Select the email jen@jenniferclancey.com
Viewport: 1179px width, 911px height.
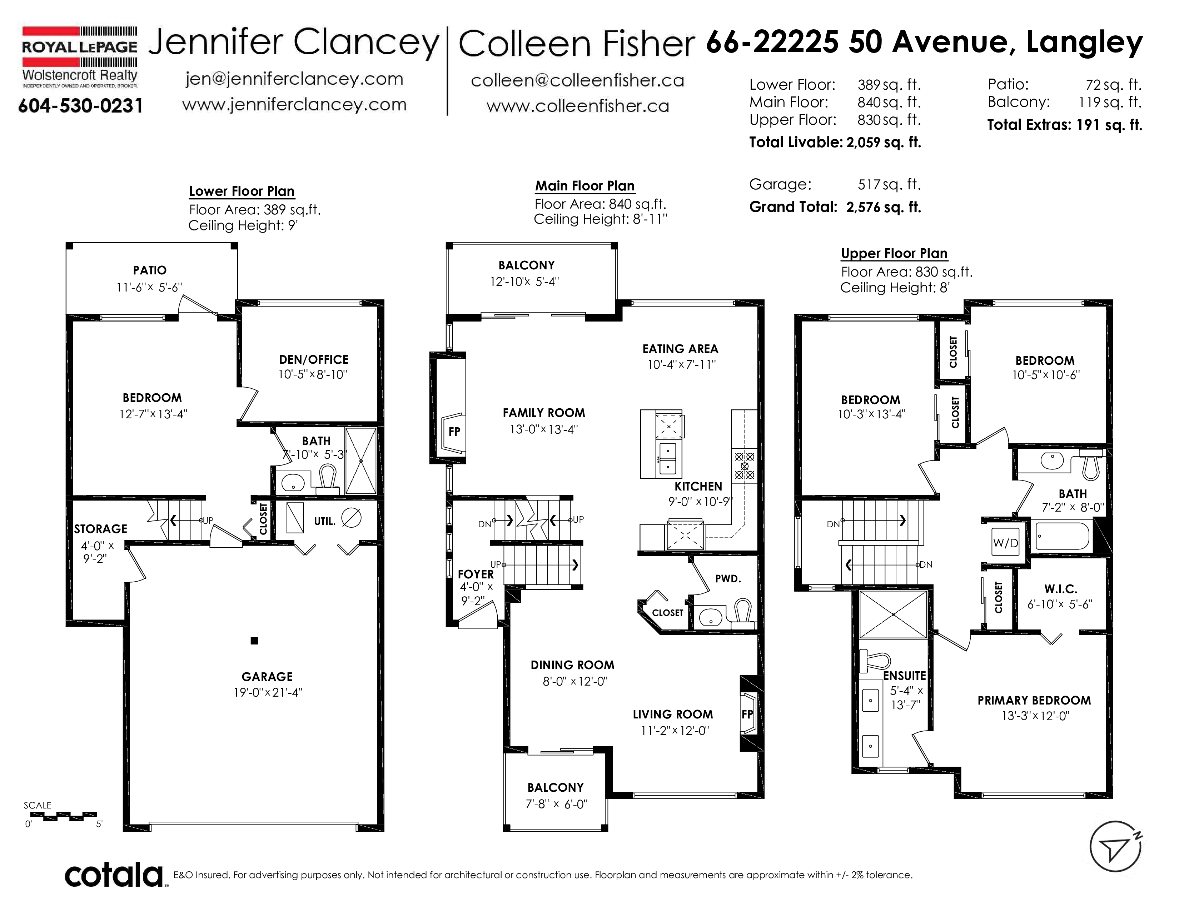(x=294, y=79)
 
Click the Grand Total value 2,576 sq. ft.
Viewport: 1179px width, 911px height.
(x=884, y=207)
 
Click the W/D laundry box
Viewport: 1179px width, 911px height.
(x=1005, y=543)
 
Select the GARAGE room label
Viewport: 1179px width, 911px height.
(x=267, y=677)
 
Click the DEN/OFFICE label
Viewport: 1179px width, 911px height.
(x=314, y=359)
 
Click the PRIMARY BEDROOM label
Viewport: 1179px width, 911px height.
(x=1034, y=701)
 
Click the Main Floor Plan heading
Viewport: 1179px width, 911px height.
(x=584, y=186)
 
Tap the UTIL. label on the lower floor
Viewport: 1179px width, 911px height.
(x=324, y=521)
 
